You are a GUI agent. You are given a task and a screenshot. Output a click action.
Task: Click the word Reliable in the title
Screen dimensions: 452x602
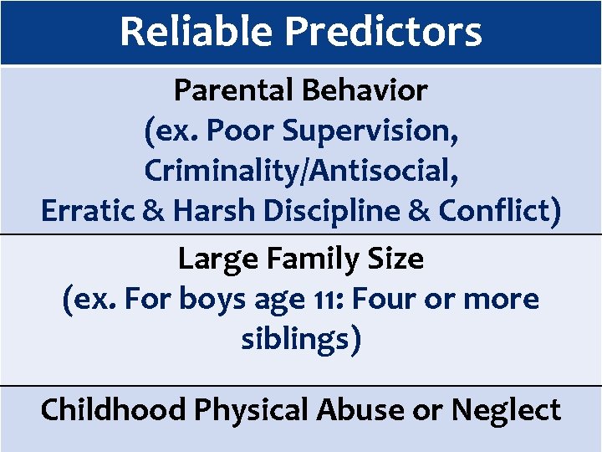click(x=196, y=32)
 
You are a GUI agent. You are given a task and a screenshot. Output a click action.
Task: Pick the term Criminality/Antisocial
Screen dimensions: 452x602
click(x=301, y=170)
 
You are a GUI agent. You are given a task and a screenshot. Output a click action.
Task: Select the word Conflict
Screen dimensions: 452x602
click(x=502, y=210)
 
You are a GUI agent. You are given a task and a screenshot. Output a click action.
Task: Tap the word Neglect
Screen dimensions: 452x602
click(x=507, y=410)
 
